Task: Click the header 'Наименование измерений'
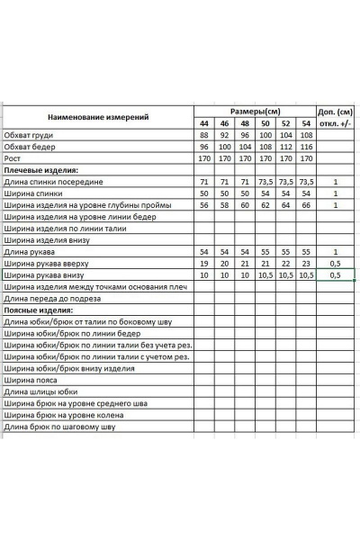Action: click(x=98, y=117)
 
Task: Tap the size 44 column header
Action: click(x=202, y=123)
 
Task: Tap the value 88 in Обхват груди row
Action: click(x=202, y=135)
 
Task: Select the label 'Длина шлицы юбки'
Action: click(x=42, y=391)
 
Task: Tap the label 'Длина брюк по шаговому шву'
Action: click(x=60, y=427)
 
